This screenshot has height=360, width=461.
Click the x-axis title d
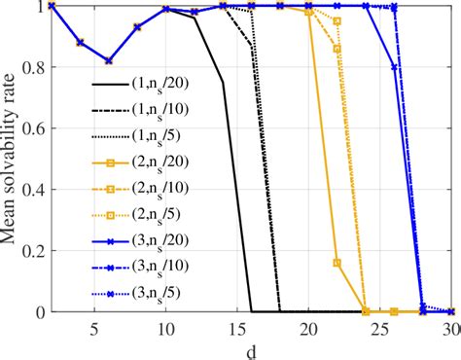[x=252, y=349]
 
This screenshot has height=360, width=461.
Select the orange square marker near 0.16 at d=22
[x=337, y=263]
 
